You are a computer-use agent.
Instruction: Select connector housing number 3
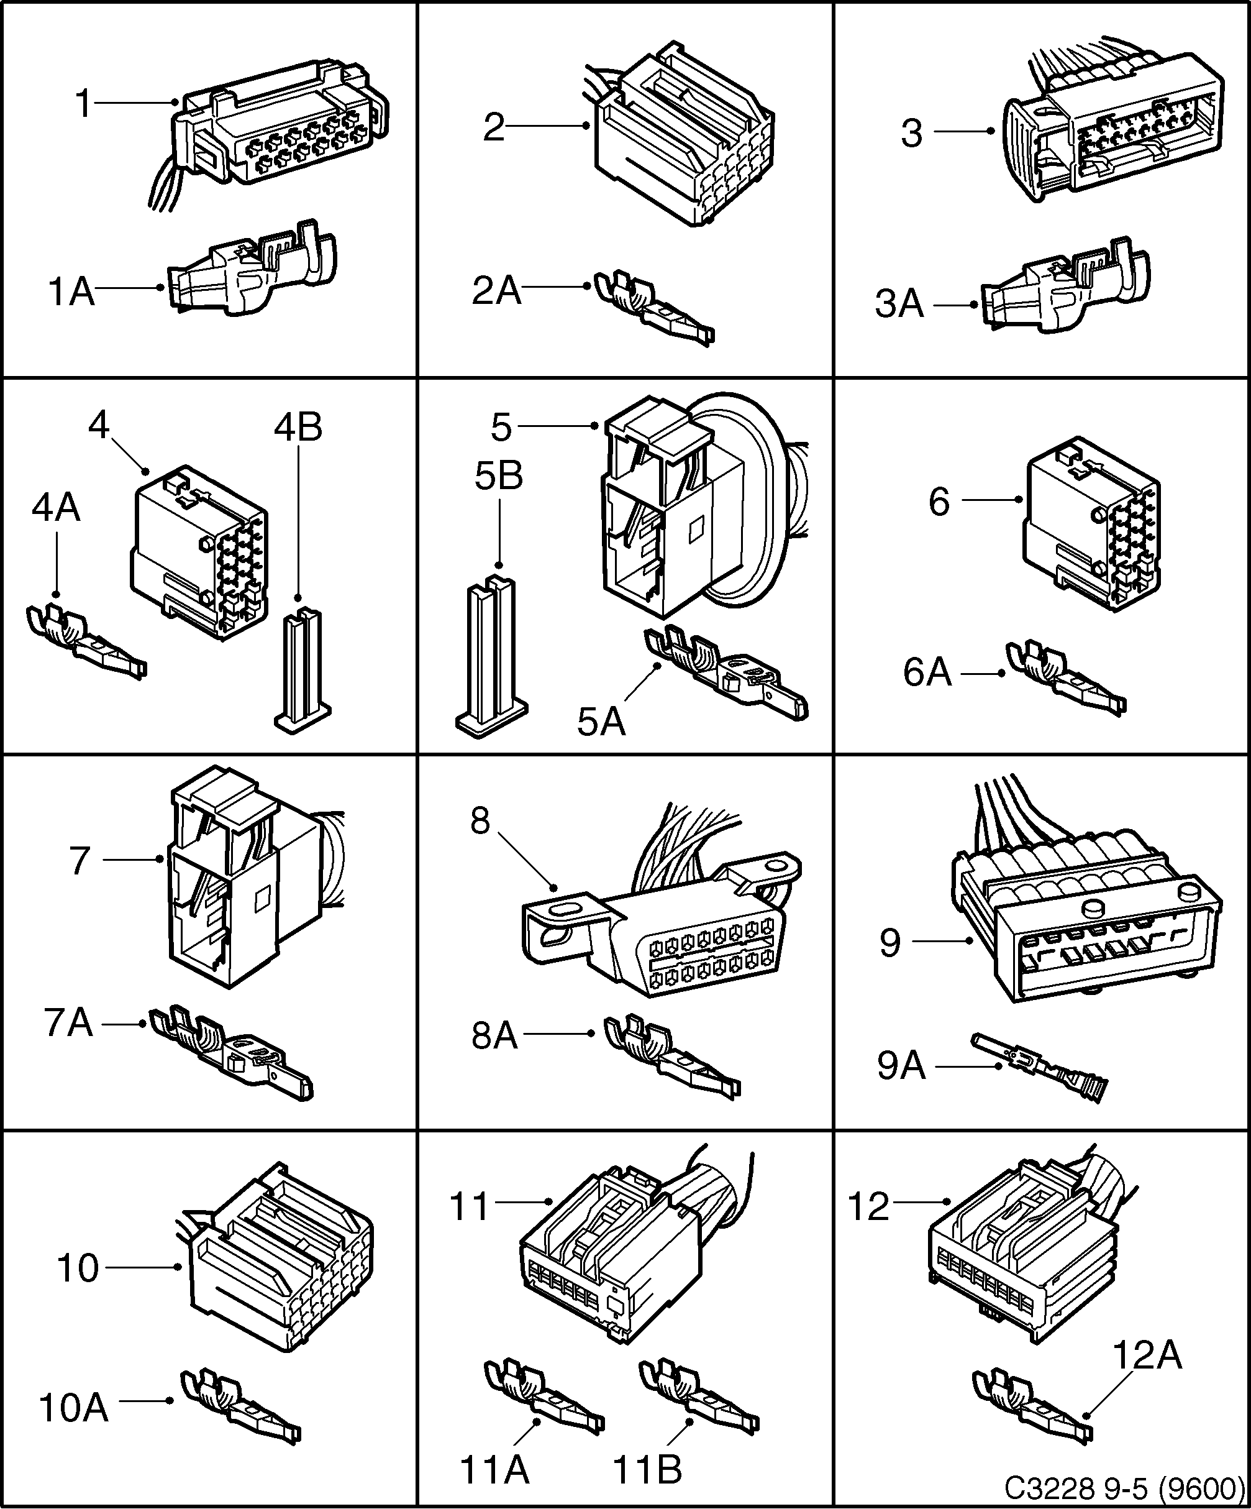pyautogui.click(x=1113, y=137)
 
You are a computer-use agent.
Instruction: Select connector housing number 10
pyautogui.click(x=280, y=1265)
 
